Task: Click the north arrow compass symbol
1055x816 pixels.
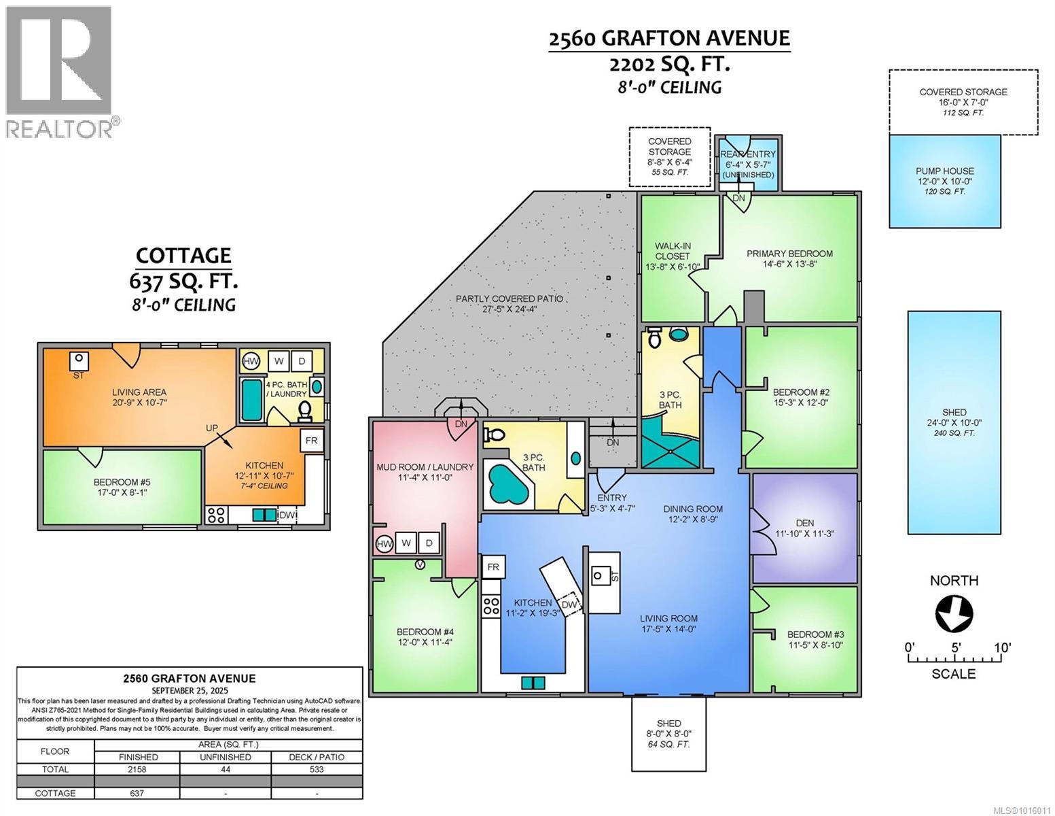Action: pyautogui.click(x=954, y=614)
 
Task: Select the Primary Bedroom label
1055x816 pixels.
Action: pyautogui.click(x=789, y=254)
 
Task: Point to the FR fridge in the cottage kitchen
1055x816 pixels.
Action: pyautogui.click(x=311, y=441)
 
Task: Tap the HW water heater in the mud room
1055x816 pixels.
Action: pyautogui.click(x=384, y=543)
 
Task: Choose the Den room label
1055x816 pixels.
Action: pyautogui.click(x=804, y=523)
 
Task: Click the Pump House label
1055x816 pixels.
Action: pyautogui.click(x=944, y=171)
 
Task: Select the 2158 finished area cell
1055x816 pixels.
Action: pyautogui.click(x=138, y=769)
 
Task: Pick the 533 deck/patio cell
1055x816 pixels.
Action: pyautogui.click(x=317, y=769)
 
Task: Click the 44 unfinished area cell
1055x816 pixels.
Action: pyautogui.click(x=226, y=769)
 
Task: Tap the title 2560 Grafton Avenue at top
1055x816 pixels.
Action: pyautogui.click(x=669, y=38)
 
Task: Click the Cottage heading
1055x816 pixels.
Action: pyautogui.click(x=183, y=256)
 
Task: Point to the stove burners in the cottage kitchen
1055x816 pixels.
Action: pyautogui.click(x=216, y=515)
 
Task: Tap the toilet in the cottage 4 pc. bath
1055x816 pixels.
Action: pyautogui.click(x=304, y=410)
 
